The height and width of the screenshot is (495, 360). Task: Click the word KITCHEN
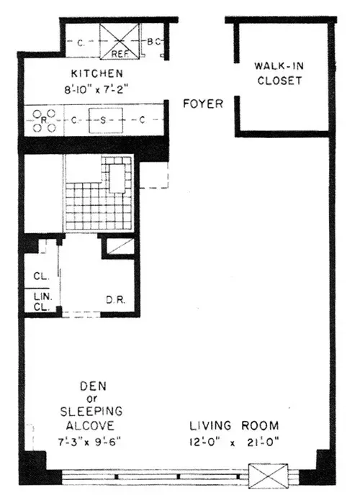(x=96, y=74)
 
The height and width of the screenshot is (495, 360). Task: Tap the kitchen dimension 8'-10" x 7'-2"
(x=96, y=90)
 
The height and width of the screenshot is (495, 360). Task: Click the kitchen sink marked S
(x=104, y=121)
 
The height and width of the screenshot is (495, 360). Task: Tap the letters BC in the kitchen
(x=155, y=42)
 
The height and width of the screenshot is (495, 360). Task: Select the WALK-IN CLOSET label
(x=278, y=74)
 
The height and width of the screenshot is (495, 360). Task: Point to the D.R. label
(x=117, y=299)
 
